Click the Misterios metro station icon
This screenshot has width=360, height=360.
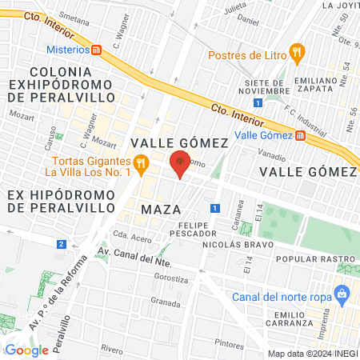click(97, 50)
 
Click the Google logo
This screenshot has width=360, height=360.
click(26, 349)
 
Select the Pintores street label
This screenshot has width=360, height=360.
click(229, 343)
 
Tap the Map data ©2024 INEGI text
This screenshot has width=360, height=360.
click(312, 354)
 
